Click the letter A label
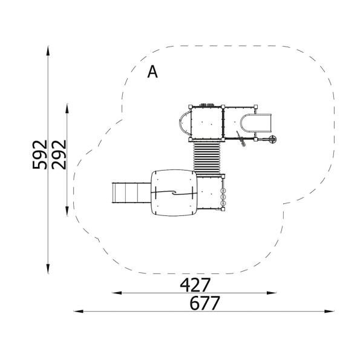[x=152, y=72]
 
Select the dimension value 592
[x=40, y=155]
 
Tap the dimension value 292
[x=59, y=155]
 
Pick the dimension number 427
[x=195, y=285]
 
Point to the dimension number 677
[x=204, y=303]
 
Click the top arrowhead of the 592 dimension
[x=48, y=51]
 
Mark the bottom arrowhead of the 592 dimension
[x=48, y=269]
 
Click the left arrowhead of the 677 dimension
[x=79, y=312]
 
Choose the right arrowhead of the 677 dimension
[x=329, y=312]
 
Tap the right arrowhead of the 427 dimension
[x=271, y=293]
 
